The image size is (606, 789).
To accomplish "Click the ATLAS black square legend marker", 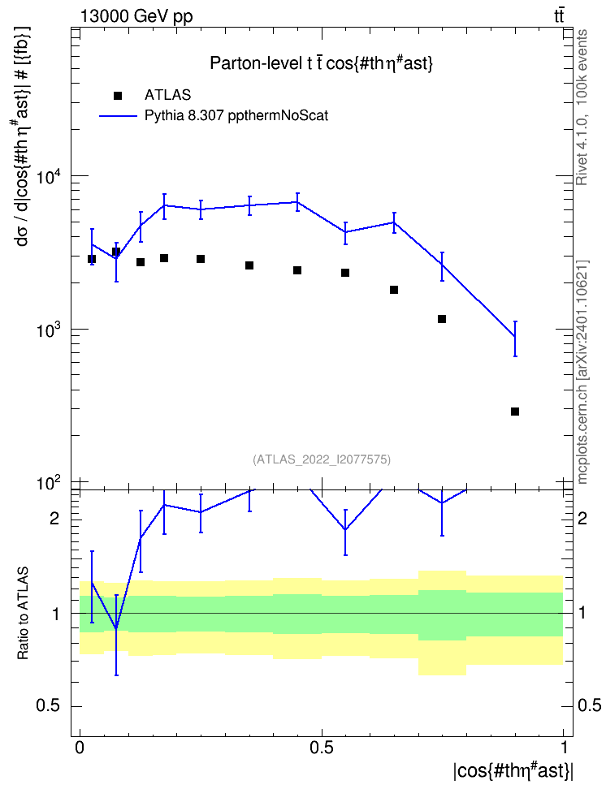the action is tap(118, 95).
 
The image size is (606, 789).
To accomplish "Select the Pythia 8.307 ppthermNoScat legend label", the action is tap(236, 116).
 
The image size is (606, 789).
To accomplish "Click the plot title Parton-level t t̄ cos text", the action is tap(322, 63).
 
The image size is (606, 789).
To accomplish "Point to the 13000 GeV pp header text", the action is tap(136, 16).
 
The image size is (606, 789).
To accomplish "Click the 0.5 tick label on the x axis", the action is tap(322, 748).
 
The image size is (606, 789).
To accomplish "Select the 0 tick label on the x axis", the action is tap(80, 748).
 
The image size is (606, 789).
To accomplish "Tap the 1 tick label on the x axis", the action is tap(564, 748).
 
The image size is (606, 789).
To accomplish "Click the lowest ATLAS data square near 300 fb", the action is tap(515, 412).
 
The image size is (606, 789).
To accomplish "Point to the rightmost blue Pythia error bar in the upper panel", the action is tap(515, 338).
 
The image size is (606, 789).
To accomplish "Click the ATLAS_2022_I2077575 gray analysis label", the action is tap(322, 459).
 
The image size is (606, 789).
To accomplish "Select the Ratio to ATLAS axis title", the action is tap(23, 614).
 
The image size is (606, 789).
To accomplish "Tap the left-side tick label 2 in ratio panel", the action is tap(54, 518).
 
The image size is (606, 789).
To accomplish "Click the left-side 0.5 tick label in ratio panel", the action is tap(49, 705).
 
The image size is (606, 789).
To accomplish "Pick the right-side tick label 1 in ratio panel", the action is tap(582, 614).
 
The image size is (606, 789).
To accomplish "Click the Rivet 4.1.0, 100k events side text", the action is tap(582, 107).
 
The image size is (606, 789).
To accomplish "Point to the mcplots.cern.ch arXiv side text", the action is tap(582, 372).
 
